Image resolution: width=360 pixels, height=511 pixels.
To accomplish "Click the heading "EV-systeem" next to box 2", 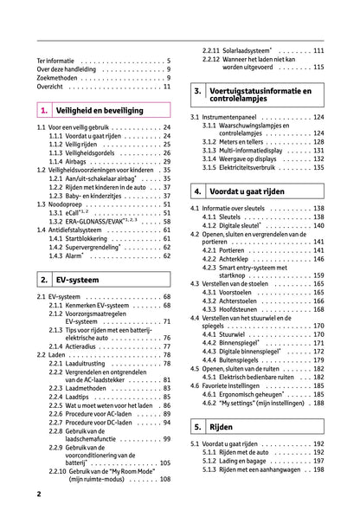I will click(81, 280).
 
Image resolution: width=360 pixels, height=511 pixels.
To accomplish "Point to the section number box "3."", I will click(199, 91).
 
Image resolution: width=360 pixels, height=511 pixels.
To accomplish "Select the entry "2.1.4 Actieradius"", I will click(82, 346).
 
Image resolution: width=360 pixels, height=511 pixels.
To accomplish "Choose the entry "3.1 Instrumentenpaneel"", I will click(228, 117).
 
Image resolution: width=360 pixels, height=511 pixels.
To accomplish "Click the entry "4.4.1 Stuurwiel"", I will click(227, 333).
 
